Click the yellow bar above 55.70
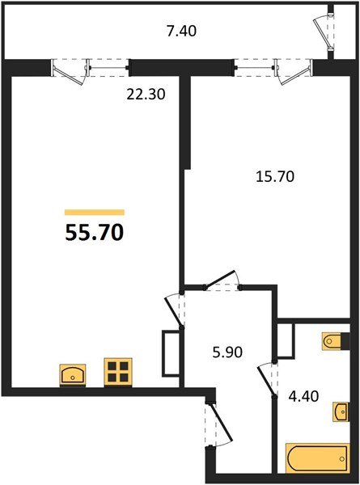[x=94, y=212]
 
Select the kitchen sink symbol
[x=74, y=373]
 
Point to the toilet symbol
[x=334, y=343]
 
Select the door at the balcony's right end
[x=325, y=32]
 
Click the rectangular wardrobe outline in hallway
[x=170, y=353]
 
